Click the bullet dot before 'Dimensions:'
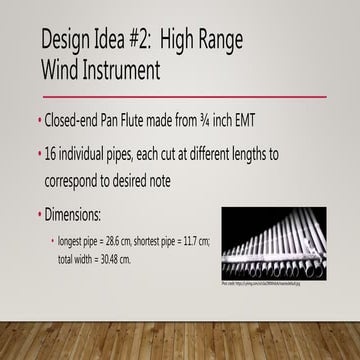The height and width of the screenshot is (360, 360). click(40, 214)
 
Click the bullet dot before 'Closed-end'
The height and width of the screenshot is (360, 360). click(40, 122)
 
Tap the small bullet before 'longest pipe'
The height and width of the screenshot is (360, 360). click(52, 242)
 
